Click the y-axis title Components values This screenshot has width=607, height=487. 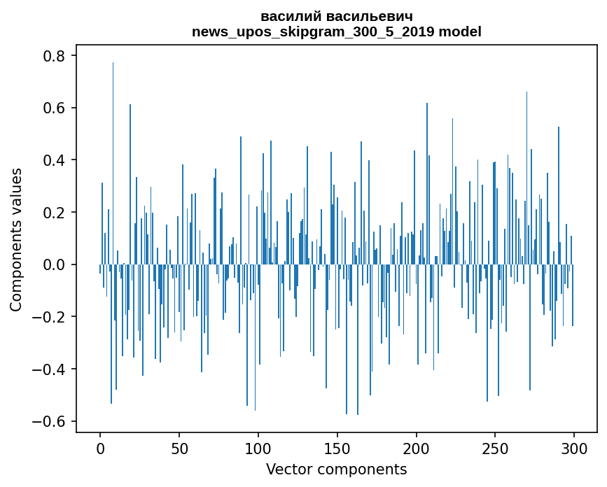[16, 239]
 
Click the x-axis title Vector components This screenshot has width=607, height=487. [336, 469]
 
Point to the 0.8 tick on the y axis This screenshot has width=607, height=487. [54, 56]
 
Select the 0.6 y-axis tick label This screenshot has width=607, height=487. [54, 108]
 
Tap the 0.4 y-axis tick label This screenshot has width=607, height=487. [54, 160]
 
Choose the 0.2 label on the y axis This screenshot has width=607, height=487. [54, 212]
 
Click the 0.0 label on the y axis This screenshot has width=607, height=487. [54, 264]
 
